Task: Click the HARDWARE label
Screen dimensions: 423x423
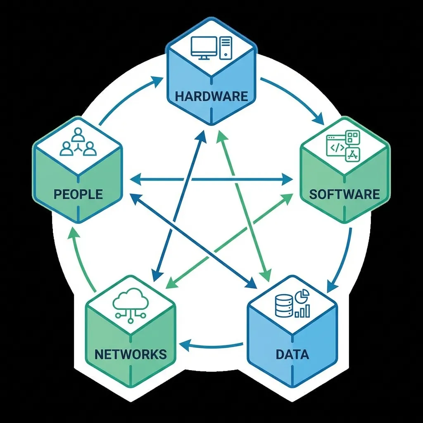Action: pos(211,97)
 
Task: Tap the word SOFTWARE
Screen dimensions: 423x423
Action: pos(344,194)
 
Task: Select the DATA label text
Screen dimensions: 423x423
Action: pos(292,354)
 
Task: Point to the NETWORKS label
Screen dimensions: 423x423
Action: pos(131,354)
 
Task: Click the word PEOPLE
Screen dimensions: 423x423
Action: pos(78,194)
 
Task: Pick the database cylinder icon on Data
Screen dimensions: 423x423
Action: pos(284,306)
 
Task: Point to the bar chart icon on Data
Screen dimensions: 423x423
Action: pos(303,311)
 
